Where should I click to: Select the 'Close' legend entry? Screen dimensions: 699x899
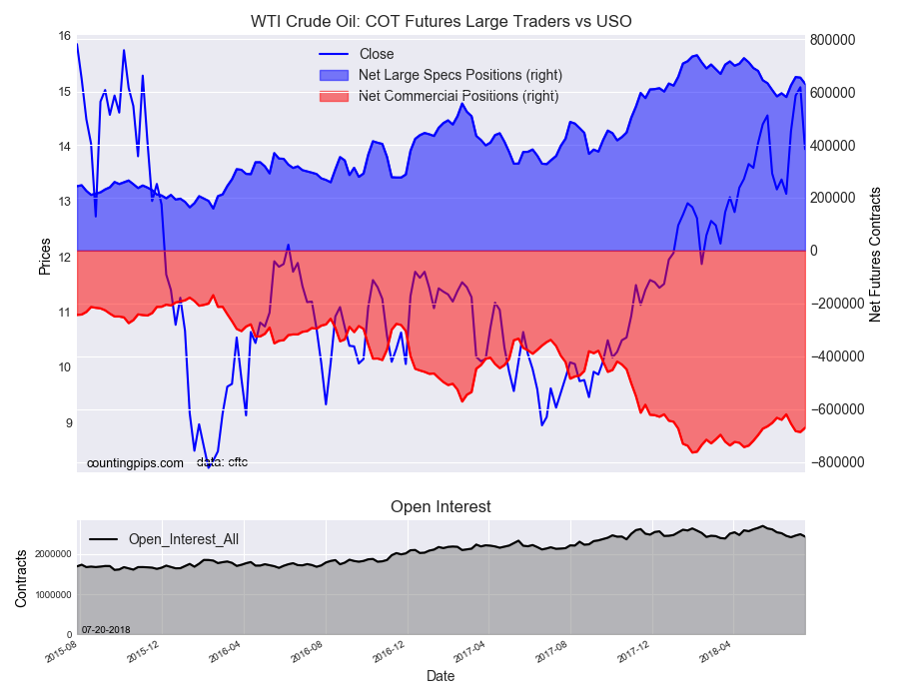[x=376, y=54]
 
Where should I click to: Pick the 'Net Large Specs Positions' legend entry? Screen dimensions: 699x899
[x=459, y=75]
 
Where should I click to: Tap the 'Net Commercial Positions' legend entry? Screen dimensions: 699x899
[x=457, y=96]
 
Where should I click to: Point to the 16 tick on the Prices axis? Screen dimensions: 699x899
[x=64, y=37]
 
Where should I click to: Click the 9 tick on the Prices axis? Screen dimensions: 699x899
[x=67, y=423]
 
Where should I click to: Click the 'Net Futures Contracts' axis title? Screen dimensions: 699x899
[x=875, y=254]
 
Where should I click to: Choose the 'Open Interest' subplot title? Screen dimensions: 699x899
[x=441, y=507]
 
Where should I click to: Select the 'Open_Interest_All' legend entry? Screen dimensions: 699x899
[x=183, y=539]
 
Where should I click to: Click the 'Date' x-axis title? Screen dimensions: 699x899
[x=441, y=676]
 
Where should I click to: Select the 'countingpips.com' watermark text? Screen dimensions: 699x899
[x=135, y=463]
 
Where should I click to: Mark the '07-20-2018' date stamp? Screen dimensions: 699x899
[x=107, y=628]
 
